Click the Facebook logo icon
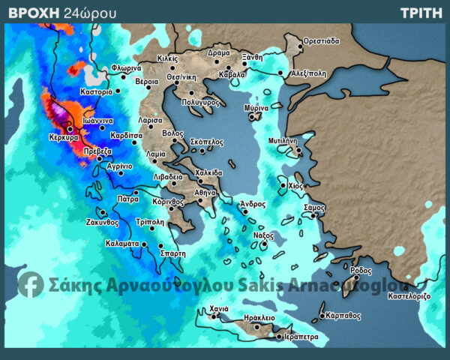tap(31, 283)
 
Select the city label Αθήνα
tap(205, 193)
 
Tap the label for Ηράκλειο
tap(259, 318)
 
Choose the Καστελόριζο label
tap(409, 296)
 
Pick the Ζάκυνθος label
tap(103, 222)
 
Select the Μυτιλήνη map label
tap(283, 140)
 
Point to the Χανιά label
tap(219, 309)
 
